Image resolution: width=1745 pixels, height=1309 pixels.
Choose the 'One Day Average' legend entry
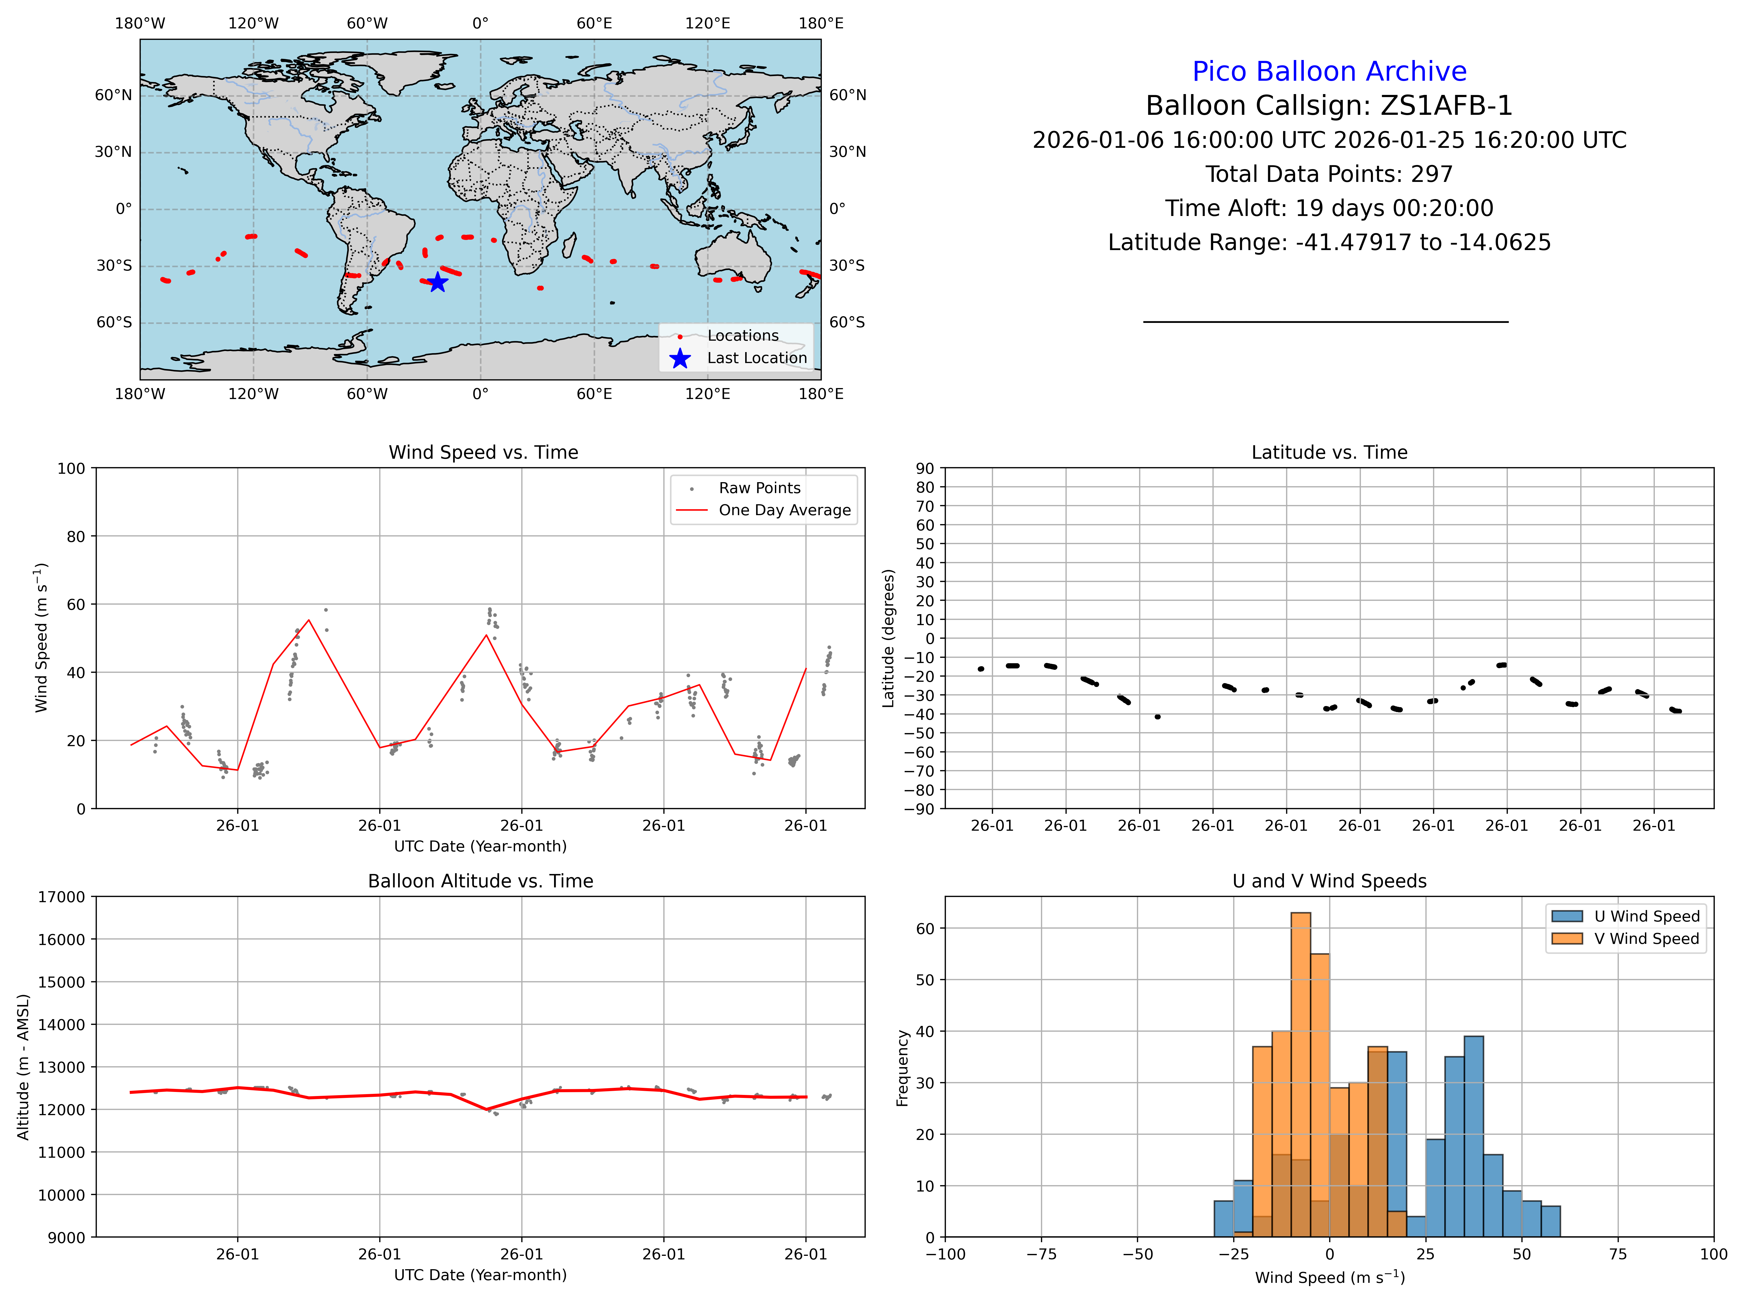784,511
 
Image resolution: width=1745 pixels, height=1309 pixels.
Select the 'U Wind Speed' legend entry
1646,916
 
